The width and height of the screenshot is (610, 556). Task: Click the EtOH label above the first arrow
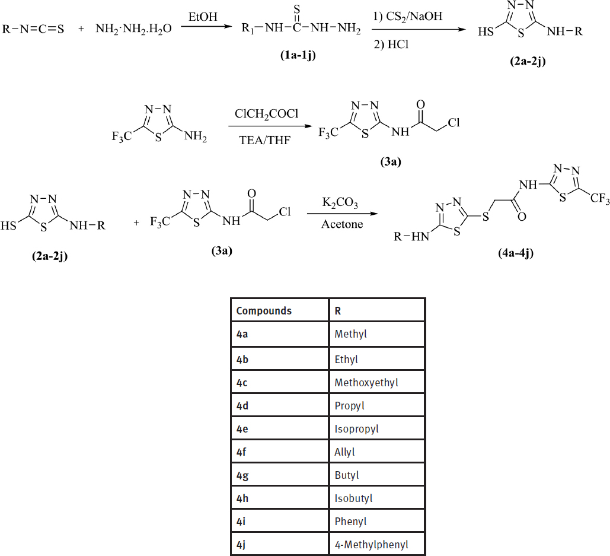tap(203, 17)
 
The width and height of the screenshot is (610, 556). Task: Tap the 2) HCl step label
tap(391, 45)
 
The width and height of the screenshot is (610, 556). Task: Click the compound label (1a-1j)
tap(298, 55)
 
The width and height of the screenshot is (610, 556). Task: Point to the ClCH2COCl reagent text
tap(267, 114)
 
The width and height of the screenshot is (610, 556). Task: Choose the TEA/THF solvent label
tap(265, 140)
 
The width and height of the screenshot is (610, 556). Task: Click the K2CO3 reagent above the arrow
tap(340, 202)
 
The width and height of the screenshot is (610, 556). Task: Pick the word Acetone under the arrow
tap(342, 224)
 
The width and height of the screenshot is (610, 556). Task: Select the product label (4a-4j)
tap(516, 253)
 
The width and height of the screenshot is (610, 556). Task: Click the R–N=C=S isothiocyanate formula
tap(33, 29)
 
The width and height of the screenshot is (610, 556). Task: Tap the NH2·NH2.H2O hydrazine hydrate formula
tap(133, 29)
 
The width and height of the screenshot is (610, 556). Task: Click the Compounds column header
tap(264, 311)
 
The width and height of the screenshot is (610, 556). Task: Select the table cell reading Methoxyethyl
tap(366, 383)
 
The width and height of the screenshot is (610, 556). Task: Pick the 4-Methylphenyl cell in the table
tap(372, 544)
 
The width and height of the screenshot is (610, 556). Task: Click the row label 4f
tap(241, 452)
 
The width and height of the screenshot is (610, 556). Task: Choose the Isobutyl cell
tap(354, 498)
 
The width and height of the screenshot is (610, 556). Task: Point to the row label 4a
tap(242, 334)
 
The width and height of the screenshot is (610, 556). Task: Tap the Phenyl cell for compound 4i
tap(350, 522)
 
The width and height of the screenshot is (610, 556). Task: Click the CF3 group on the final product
tap(599, 199)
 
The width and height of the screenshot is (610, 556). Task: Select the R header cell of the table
tap(338, 311)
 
